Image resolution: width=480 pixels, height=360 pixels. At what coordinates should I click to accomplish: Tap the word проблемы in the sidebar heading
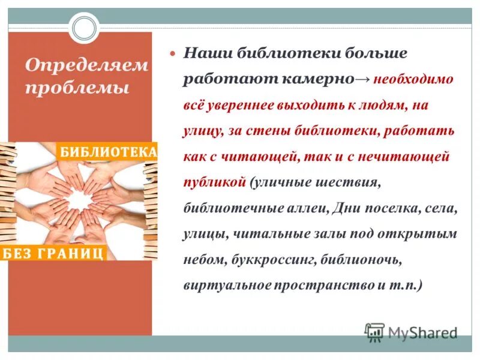pos(78,88)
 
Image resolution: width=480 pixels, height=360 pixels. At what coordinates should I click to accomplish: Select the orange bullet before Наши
pos(174,53)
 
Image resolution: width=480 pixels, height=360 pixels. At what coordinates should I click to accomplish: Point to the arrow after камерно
pos(363,79)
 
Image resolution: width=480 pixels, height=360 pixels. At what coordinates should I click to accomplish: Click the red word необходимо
pos(413,79)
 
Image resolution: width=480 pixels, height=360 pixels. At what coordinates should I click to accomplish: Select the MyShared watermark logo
pos(412,332)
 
